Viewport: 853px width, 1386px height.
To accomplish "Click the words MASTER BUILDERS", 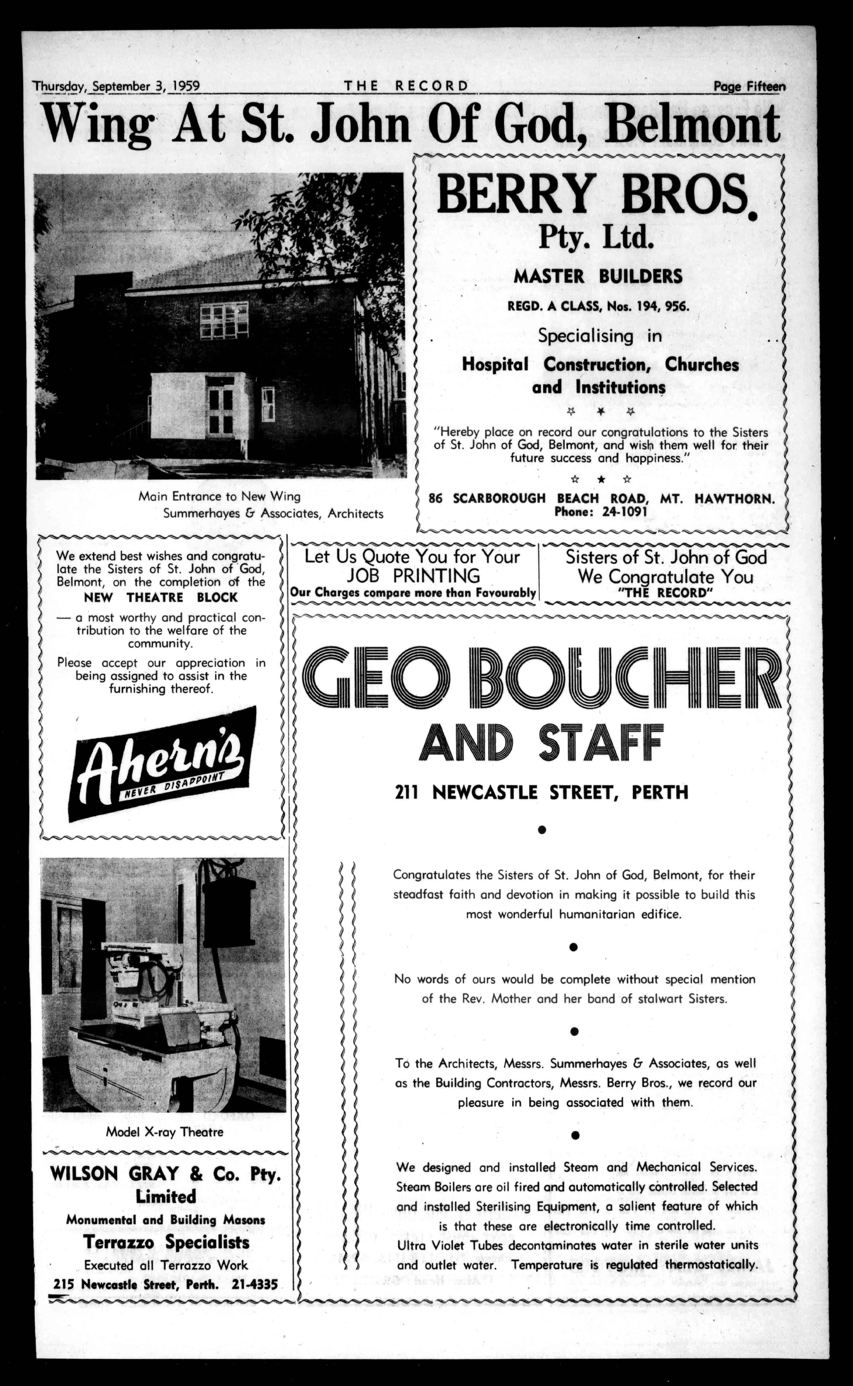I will [598, 276].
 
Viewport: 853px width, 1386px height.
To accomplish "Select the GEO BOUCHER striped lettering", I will [541, 676].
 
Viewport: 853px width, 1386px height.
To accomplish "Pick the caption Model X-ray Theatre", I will [165, 1132].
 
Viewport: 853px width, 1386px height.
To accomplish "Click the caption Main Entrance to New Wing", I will [219, 497].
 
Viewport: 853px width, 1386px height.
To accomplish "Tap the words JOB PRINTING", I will [413, 576].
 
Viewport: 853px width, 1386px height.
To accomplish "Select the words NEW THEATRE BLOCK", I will [161, 597].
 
